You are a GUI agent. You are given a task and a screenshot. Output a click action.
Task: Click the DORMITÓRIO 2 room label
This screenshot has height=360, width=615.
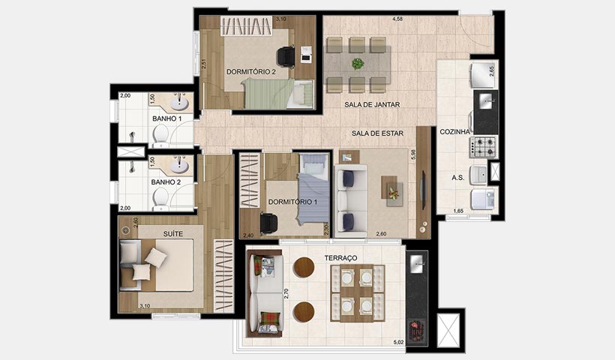[251, 72]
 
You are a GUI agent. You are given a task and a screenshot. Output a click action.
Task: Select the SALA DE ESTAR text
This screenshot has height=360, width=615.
[378, 133]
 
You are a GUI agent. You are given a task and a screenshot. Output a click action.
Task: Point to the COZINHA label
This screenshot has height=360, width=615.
[454, 131]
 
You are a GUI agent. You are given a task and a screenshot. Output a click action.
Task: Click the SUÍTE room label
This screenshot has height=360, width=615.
[172, 234]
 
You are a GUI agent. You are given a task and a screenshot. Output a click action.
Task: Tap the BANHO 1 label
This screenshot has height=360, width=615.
[166, 118]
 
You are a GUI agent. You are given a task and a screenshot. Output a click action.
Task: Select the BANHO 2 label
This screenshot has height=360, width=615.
[166, 181]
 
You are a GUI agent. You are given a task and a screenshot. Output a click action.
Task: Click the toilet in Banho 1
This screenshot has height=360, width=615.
[160, 133]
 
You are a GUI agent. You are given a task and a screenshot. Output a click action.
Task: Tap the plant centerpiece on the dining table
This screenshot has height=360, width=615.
[358, 63]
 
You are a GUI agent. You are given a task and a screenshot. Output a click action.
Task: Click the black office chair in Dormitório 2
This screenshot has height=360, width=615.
[285, 56]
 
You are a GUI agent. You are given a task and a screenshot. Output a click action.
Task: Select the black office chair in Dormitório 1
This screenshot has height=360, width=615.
[268, 222]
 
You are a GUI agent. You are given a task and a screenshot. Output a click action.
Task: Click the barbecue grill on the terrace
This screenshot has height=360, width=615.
[416, 328]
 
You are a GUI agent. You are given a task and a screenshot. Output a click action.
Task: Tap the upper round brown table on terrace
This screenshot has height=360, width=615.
[304, 267]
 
